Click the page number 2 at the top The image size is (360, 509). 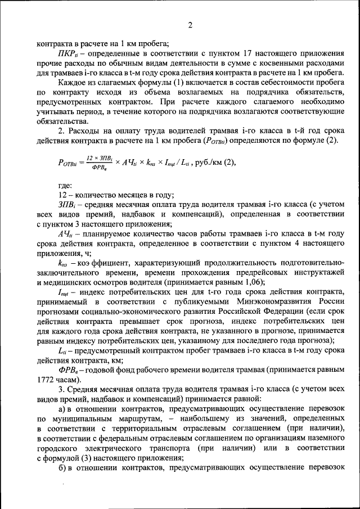pyautogui.click(x=190, y=25)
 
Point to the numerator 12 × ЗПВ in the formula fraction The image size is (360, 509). pyautogui.click(x=97, y=159)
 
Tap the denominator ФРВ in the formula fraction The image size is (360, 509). pyautogui.click(x=97, y=167)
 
